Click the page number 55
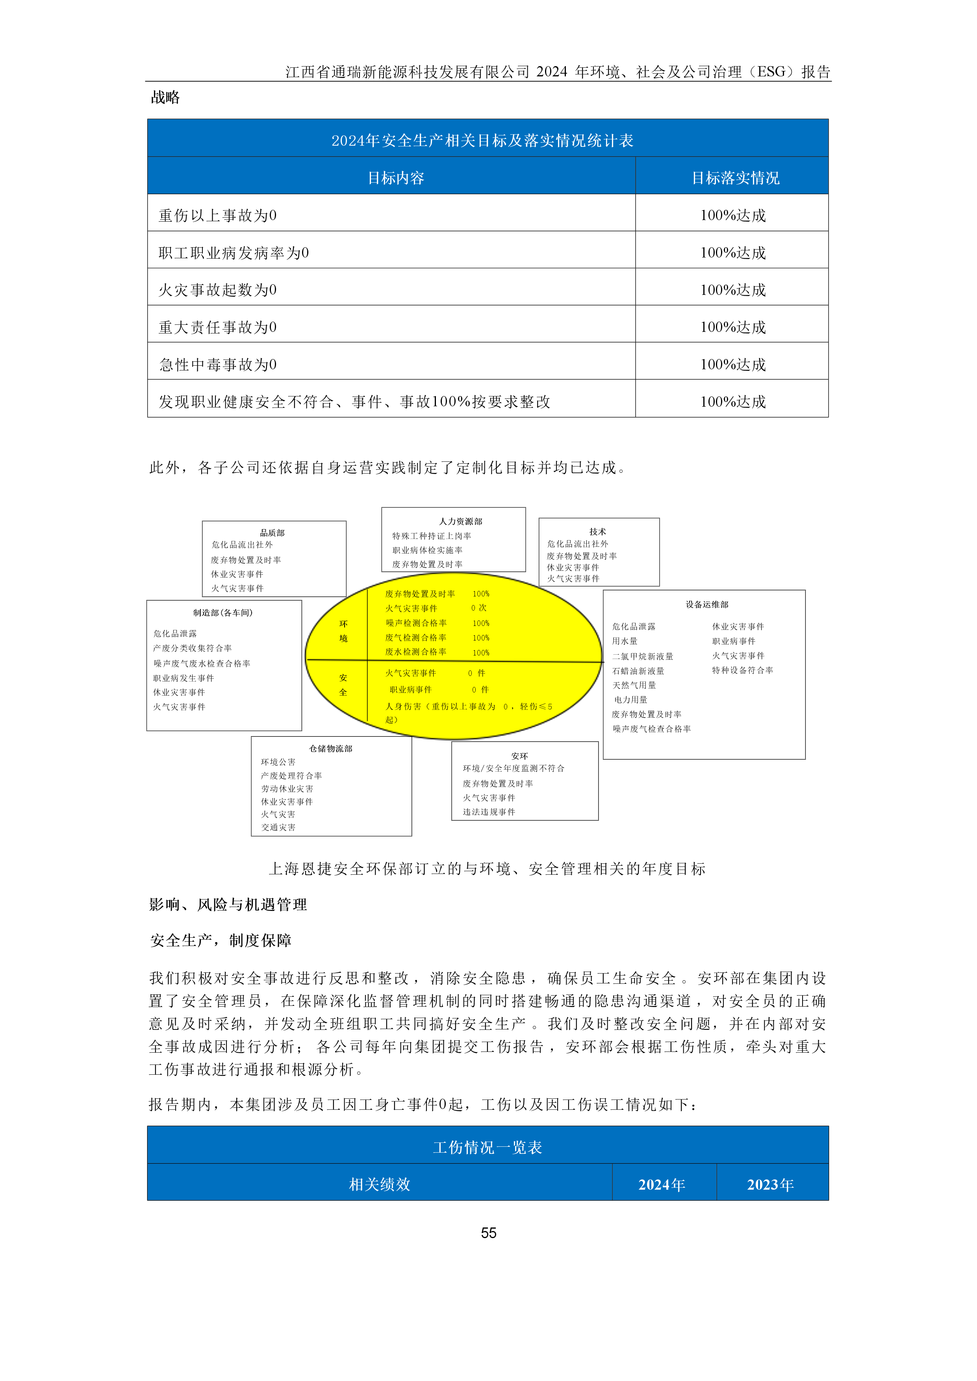tap(488, 1233)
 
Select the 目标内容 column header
tap(396, 178)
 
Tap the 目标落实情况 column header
tap(735, 178)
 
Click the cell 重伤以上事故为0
tap(218, 215)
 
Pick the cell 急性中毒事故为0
tap(218, 365)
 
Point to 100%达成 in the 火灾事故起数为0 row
tap(733, 290)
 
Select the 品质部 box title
tap(272, 532)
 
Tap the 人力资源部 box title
tap(460, 521)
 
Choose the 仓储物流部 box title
tap(330, 748)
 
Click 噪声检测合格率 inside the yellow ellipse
tap(416, 623)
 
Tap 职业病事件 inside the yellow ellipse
tap(410, 689)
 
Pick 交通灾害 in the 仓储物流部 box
tap(278, 827)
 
